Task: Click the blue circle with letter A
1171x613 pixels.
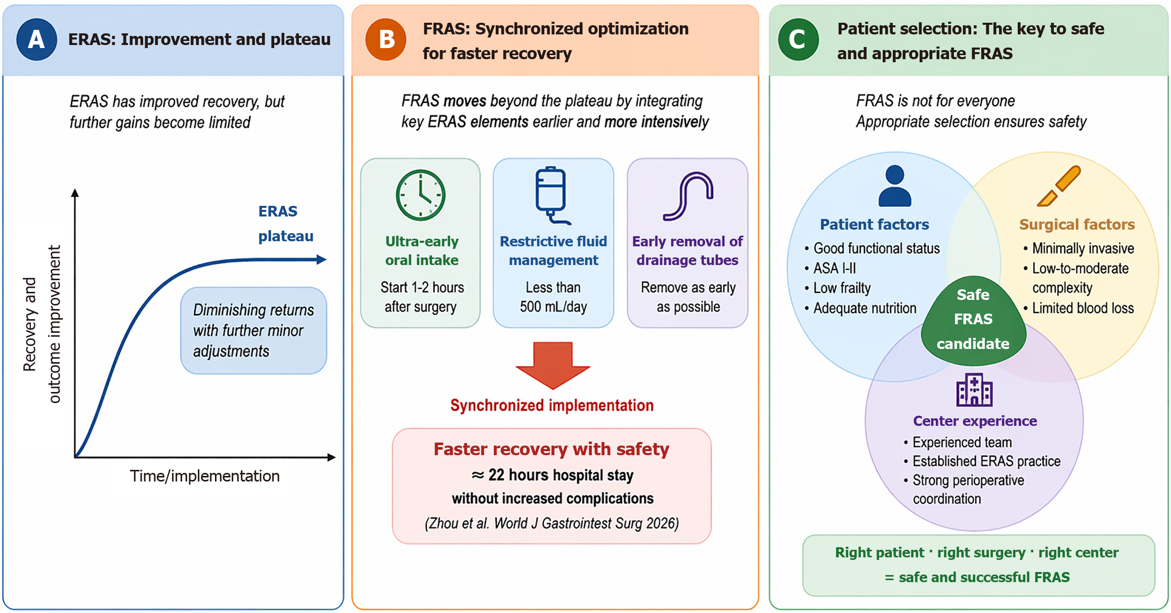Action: [x=36, y=39]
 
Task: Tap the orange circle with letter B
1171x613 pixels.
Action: [x=386, y=39]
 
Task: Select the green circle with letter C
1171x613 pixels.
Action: [x=798, y=39]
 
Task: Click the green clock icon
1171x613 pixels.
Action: [x=420, y=195]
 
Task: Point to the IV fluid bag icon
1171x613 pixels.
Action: [x=552, y=195]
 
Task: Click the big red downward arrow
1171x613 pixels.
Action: [x=553, y=365]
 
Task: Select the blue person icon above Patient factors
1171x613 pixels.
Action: [x=895, y=186]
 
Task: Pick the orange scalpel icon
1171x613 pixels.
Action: [x=1059, y=186]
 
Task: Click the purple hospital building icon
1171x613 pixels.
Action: [x=974, y=390]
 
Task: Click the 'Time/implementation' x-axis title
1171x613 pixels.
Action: [x=204, y=476]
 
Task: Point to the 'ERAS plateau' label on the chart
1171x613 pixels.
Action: [x=286, y=224]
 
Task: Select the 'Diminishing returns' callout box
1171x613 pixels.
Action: [x=253, y=331]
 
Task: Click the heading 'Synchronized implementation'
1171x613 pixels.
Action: [x=552, y=405]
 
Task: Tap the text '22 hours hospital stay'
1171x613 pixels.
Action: [x=561, y=475]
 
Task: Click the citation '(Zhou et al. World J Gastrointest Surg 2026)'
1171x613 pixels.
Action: [x=552, y=523]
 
